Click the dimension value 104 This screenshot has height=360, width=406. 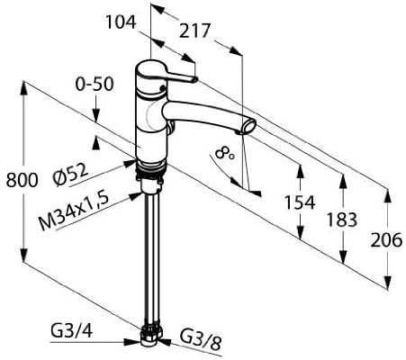[121, 22]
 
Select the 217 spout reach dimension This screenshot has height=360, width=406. [194, 31]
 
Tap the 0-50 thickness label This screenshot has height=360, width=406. [95, 84]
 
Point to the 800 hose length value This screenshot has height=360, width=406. [22, 180]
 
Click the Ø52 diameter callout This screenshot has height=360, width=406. [71, 174]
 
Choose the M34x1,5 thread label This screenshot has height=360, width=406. [74, 211]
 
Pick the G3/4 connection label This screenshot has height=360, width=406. [72, 331]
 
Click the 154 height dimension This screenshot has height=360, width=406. [300, 202]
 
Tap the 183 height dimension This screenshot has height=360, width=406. [342, 220]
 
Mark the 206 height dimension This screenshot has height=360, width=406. [386, 240]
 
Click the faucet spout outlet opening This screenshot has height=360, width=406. [249, 127]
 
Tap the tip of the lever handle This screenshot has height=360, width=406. [195, 79]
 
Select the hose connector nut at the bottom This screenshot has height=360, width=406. [150, 336]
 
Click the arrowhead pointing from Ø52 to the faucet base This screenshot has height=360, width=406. [131, 163]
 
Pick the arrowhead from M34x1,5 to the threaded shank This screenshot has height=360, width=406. [136, 195]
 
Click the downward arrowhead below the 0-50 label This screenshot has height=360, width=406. [95, 116]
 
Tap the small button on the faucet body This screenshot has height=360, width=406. [162, 88]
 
